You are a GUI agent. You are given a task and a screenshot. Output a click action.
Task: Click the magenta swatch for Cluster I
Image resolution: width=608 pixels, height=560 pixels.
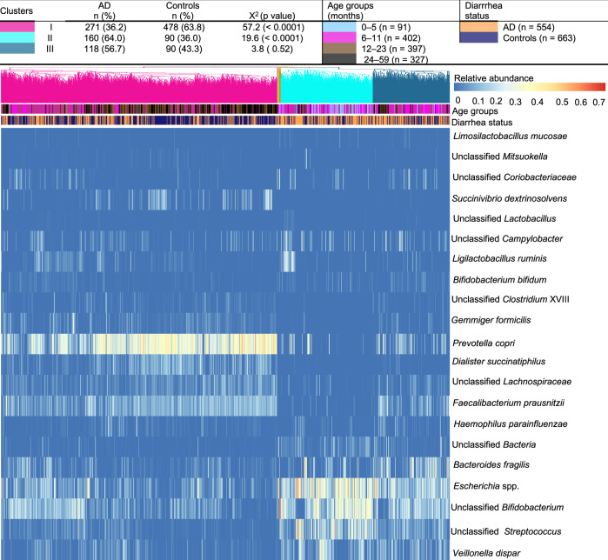tap(17, 28)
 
